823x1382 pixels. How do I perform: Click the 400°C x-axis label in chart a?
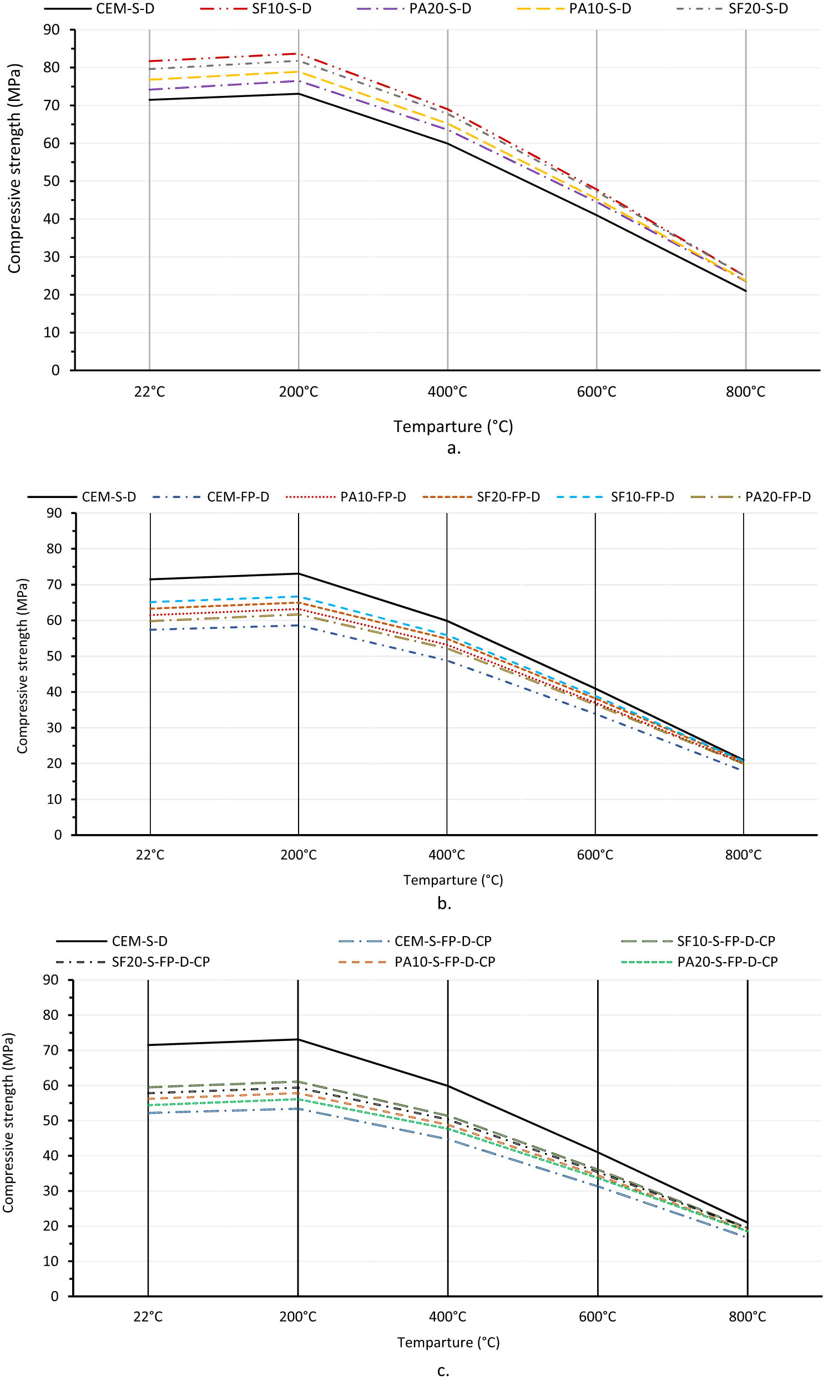point(447,392)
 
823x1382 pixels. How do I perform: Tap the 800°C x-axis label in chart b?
point(743,855)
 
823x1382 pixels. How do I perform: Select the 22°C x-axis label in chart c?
point(148,1317)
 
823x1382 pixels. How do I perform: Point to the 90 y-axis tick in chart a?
point(52,30)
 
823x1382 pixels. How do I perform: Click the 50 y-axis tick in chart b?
point(54,656)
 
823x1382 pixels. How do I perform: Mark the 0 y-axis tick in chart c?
point(54,1297)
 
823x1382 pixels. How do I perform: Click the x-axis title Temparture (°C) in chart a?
point(453,426)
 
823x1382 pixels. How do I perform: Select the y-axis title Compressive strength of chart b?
point(22,665)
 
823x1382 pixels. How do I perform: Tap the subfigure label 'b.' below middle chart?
point(444,904)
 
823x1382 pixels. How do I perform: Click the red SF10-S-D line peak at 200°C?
point(299,54)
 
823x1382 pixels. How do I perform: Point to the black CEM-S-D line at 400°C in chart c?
point(448,1086)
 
